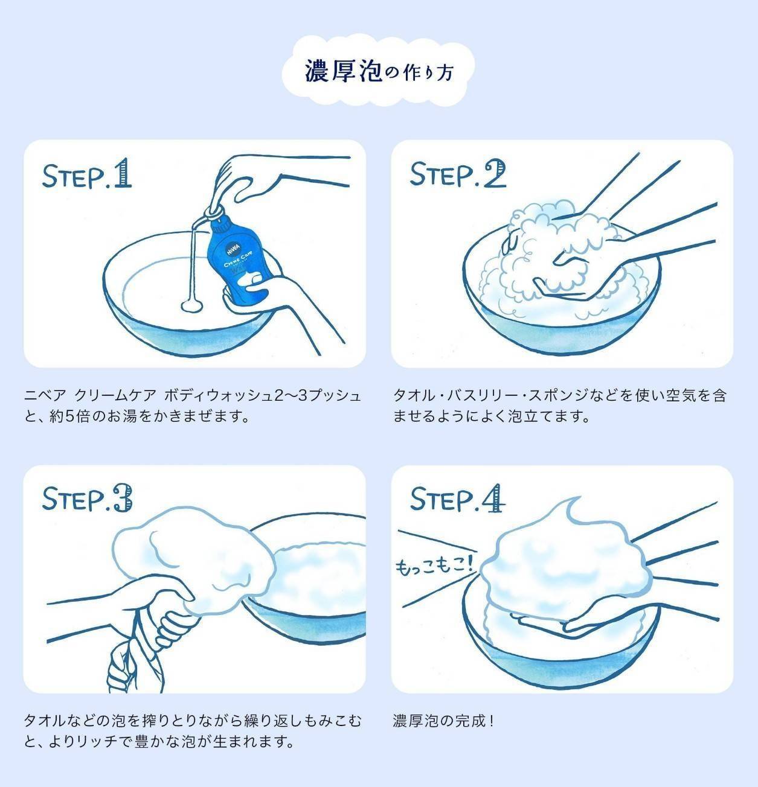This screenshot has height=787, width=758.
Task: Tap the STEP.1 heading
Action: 86,174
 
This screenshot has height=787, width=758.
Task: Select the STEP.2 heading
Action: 457,174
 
